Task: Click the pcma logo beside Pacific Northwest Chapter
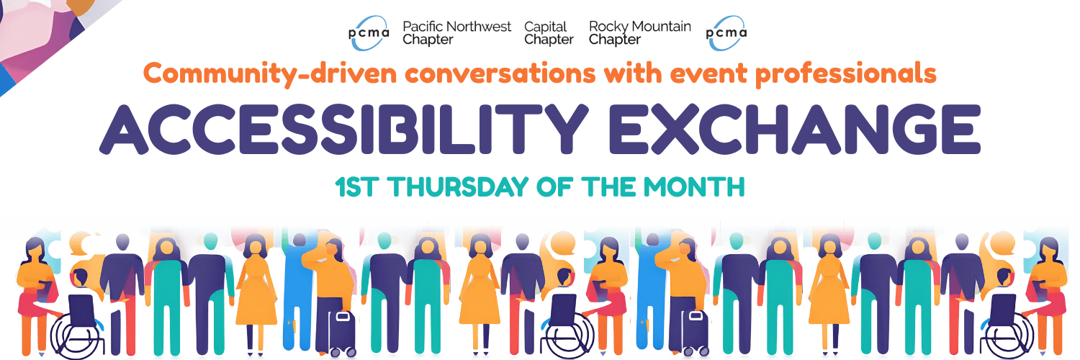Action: click(369, 33)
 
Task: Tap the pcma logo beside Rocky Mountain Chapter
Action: click(726, 33)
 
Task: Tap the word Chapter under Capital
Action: click(549, 40)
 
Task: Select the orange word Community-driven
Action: click(270, 73)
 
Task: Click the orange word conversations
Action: click(500, 73)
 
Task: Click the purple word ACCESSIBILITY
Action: click(343, 129)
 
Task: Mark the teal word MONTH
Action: click(694, 187)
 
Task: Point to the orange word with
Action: click(632, 73)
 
